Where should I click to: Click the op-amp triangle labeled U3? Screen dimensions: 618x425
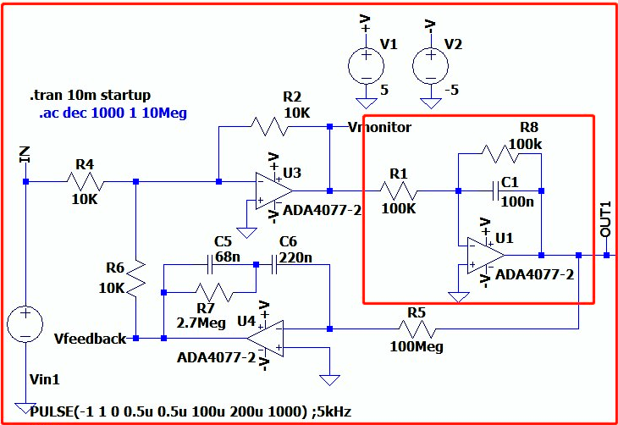coord(273,190)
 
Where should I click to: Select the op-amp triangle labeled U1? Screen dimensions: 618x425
coord(486,255)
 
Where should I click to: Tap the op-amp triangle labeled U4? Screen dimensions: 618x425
coord(265,339)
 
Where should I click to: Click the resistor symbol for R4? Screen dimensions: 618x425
coord(86,182)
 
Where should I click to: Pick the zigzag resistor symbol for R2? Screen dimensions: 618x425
coord(269,126)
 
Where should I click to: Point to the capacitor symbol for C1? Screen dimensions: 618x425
coord(496,191)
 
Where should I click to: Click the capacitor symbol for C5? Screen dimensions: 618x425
coord(210,265)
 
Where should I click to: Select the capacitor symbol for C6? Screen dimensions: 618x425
coord(274,265)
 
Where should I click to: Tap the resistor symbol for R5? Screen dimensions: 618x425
coord(417,328)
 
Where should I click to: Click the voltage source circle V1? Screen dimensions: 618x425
coord(367,66)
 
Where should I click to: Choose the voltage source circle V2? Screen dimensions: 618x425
coord(430,66)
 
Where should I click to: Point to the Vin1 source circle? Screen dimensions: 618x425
coord(25,324)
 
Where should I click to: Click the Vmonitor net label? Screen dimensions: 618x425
coord(380,127)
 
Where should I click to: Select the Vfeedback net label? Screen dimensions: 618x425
coord(91,339)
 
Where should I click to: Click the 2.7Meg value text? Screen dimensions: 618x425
coord(201,323)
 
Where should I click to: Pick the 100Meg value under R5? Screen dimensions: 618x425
coord(417,346)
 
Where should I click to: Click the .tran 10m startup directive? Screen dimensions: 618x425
coord(90,96)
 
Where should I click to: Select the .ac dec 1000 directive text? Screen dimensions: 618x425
coord(113,113)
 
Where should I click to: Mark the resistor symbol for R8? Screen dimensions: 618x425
coord(499,154)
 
